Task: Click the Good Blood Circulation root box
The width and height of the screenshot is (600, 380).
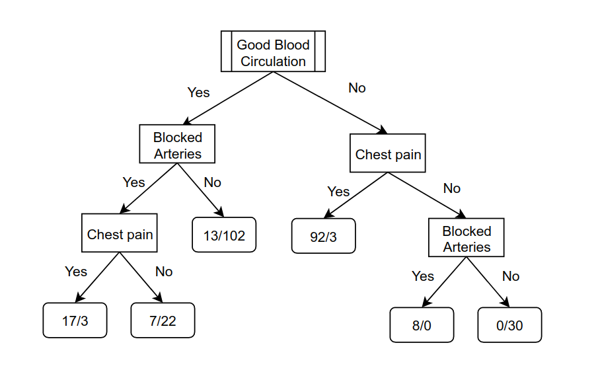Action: pyautogui.click(x=273, y=52)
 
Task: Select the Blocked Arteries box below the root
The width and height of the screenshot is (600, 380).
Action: pyautogui.click(x=177, y=144)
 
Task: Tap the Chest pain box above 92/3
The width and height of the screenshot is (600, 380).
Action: pyautogui.click(x=388, y=153)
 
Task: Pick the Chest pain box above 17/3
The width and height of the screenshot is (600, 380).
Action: pyautogui.click(x=120, y=233)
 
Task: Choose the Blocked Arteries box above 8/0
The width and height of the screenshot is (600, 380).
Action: pyautogui.click(x=467, y=237)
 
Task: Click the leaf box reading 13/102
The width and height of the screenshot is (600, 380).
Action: pyautogui.click(x=224, y=235)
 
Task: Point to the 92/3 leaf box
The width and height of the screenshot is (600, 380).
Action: pyautogui.click(x=324, y=236)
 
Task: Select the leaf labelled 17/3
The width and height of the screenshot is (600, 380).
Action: pyautogui.click(x=75, y=321)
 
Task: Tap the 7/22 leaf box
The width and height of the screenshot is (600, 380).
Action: pyautogui.click(x=163, y=321)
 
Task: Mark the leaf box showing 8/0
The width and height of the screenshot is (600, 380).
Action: pyautogui.click(x=422, y=325)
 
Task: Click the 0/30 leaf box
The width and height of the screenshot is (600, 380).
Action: pyautogui.click(x=510, y=325)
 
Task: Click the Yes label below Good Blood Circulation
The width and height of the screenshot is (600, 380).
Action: pyautogui.click(x=199, y=93)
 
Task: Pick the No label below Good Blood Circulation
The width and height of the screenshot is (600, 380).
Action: pyautogui.click(x=357, y=88)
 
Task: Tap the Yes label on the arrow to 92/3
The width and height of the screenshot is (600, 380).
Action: pyautogui.click(x=338, y=192)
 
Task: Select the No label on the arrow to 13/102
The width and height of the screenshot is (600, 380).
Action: pyautogui.click(x=213, y=182)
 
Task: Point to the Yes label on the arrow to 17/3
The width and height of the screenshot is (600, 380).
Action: pyautogui.click(x=76, y=272)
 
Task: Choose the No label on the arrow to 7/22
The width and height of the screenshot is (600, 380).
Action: pyautogui.click(x=164, y=272)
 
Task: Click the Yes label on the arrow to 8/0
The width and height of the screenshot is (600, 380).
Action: pyautogui.click(x=423, y=276)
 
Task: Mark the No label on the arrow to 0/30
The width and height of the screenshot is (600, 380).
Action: pyautogui.click(x=511, y=276)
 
